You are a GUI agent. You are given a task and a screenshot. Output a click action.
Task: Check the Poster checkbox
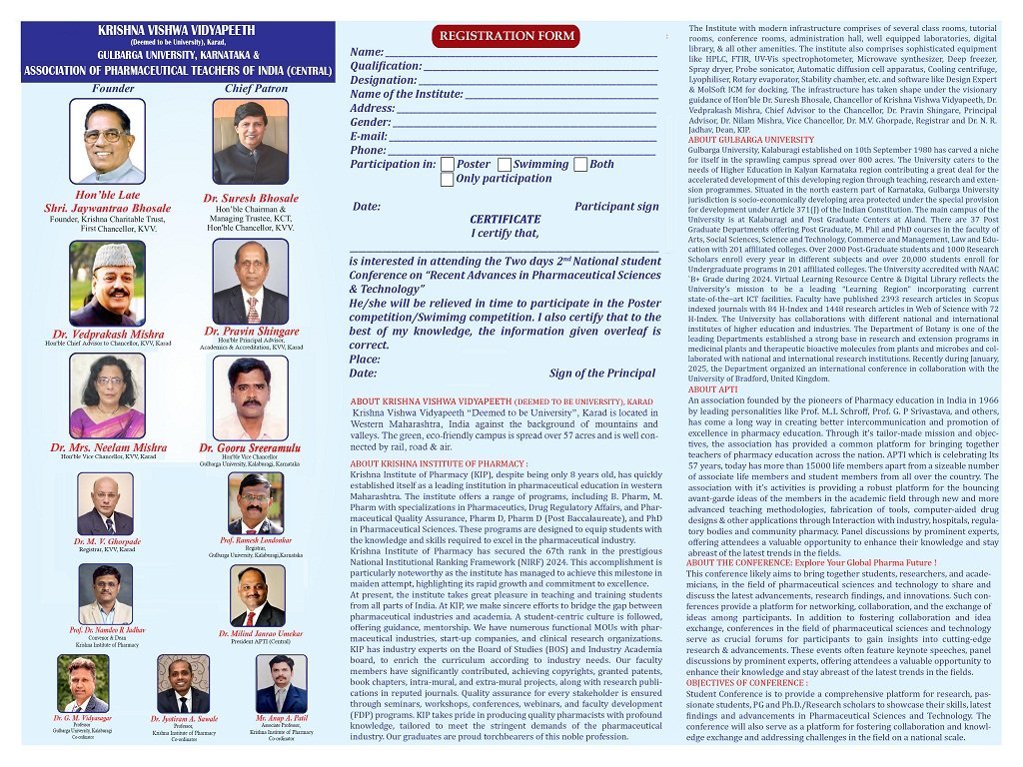tap(448, 165)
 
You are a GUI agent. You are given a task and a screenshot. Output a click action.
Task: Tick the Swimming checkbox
tap(505, 165)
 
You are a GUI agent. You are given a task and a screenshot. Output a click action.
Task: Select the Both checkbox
tap(580, 165)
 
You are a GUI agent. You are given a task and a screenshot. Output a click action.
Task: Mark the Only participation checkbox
tap(448, 180)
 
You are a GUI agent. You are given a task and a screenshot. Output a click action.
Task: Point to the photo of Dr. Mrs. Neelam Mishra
tap(107, 396)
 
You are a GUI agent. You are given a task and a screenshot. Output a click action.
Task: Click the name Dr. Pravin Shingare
tap(251, 331)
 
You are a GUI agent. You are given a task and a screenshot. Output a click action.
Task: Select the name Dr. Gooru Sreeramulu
tap(250, 448)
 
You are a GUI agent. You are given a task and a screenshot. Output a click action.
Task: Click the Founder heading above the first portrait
tap(112, 88)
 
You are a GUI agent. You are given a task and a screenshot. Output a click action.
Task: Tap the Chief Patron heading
tap(256, 88)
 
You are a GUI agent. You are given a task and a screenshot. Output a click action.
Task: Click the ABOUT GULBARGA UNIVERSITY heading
tap(751, 140)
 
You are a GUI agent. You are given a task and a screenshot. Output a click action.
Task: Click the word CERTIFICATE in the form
tap(505, 220)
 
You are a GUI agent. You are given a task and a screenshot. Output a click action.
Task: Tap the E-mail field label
tap(368, 136)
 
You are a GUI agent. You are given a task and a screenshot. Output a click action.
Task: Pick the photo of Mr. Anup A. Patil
tap(281, 684)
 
